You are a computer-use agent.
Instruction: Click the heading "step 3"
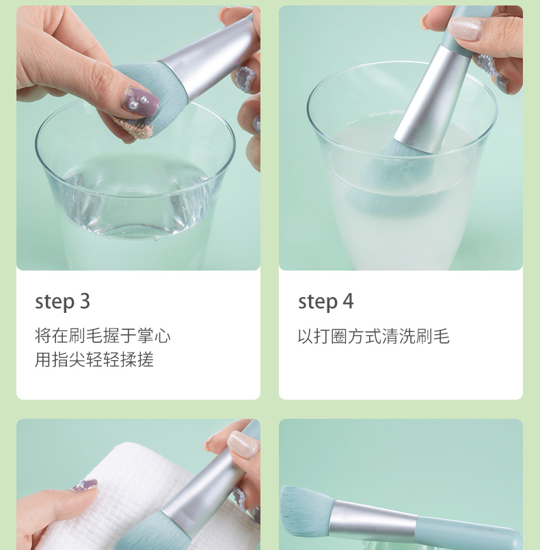coord(62,301)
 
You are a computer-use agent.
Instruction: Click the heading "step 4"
coord(325,301)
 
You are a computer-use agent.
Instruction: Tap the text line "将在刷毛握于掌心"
coord(103,335)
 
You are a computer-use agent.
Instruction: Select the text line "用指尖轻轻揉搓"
coord(94,359)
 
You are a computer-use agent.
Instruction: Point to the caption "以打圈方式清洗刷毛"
coord(374,335)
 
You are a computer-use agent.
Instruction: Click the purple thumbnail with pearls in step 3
coord(139,100)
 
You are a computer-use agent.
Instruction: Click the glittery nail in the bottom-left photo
coord(243,445)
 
